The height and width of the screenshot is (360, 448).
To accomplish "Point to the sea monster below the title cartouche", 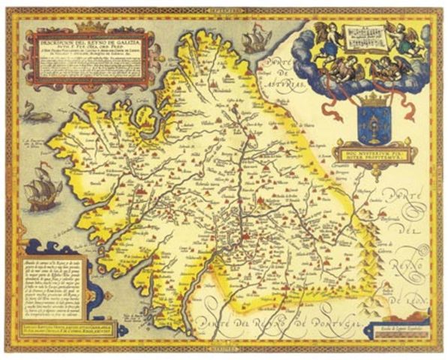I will (36, 114).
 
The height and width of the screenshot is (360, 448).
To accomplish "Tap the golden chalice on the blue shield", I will (365, 124).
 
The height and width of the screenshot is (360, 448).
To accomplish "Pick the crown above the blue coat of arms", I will (365, 100).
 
